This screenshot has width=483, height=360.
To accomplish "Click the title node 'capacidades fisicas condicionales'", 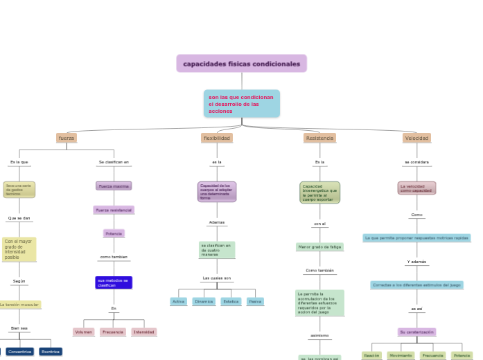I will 241,64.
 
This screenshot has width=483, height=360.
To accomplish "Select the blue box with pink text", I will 241,104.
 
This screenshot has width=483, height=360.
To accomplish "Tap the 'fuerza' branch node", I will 67,138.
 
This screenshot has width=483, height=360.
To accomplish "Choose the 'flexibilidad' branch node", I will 217,138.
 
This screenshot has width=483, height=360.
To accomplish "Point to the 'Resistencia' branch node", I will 319,138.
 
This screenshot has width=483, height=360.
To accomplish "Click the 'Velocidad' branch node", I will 416,138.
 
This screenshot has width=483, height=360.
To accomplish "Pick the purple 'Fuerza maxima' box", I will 114,186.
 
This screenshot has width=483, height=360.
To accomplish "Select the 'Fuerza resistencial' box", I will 114,210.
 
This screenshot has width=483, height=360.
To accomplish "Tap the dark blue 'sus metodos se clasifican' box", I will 114,282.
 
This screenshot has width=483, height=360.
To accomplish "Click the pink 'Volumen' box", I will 83,332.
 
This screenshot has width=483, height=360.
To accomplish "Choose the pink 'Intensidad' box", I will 144,332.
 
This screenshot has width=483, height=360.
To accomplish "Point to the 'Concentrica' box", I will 20,352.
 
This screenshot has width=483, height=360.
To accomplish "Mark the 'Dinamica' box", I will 204,302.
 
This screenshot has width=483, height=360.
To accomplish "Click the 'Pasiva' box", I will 255,302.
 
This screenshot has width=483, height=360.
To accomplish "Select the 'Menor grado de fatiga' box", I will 319,246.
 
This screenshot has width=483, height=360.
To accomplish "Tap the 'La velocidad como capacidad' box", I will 416,188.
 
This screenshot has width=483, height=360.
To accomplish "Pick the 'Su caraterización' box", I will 416,332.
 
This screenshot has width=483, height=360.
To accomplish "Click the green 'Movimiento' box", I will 401,356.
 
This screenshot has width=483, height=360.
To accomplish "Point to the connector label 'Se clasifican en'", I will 114,162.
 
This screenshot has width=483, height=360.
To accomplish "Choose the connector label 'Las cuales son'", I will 217,278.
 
